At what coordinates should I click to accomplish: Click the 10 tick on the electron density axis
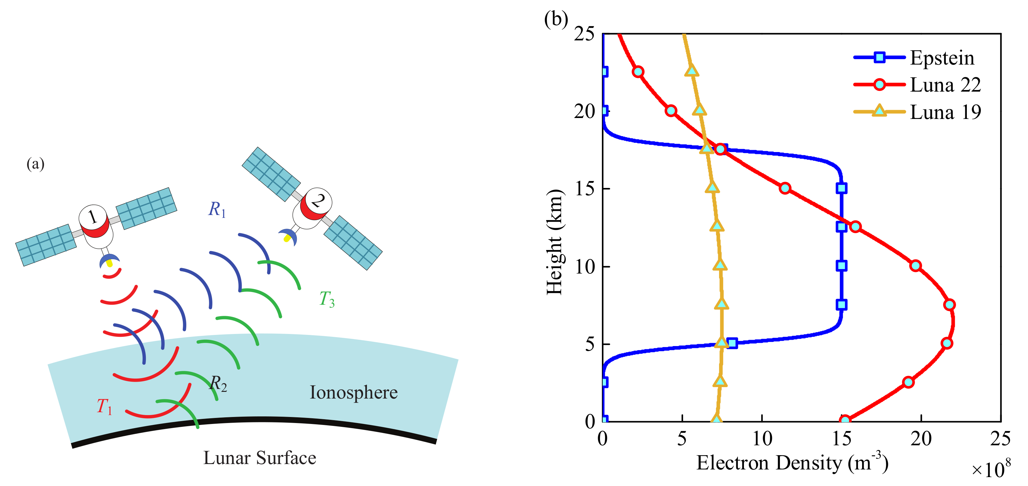[x=762, y=439]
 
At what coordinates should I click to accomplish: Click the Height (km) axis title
[x=555, y=242]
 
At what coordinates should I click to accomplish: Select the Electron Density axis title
[x=792, y=462]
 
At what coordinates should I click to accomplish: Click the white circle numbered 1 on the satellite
[x=93, y=217]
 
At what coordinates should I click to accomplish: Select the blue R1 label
[x=217, y=209]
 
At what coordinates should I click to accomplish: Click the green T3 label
[x=327, y=299]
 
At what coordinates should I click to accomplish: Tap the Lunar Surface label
[x=260, y=458]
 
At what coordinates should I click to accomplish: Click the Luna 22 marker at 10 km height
[x=916, y=266]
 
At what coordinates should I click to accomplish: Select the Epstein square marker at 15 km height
[x=842, y=188]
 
